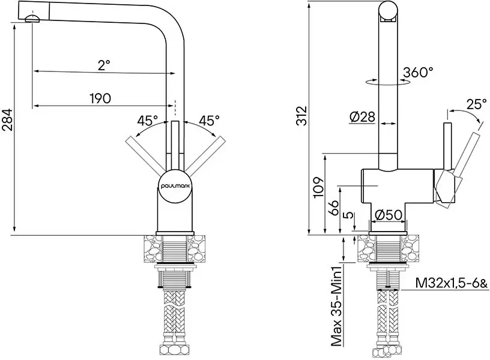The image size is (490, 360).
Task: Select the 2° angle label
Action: point(104,65)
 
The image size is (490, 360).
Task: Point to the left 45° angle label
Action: point(148,121)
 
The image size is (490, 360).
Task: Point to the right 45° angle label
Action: point(209,121)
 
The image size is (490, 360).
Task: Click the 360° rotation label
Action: point(418,73)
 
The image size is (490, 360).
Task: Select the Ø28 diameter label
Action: point(362,118)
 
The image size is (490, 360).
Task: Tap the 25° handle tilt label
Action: point(476,104)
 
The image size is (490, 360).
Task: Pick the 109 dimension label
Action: point(319,188)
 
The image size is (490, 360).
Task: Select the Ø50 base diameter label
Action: point(388,215)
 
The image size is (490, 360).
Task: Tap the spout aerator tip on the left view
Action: point(31,19)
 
